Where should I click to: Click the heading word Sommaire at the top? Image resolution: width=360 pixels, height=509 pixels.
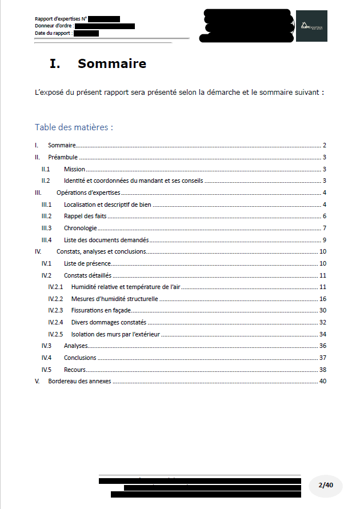click(x=112, y=63)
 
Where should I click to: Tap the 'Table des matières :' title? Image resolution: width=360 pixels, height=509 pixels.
click(x=74, y=127)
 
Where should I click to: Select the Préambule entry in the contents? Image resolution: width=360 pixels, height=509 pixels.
click(x=63, y=157)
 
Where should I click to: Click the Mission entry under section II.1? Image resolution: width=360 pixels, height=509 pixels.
click(x=74, y=169)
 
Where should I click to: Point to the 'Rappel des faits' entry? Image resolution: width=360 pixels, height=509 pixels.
click(x=85, y=216)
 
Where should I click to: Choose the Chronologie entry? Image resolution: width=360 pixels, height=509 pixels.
click(x=80, y=228)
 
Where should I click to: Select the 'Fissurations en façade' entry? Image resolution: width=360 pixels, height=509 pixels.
click(x=101, y=310)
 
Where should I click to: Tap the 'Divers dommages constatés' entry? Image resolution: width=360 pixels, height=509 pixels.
click(x=109, y=322)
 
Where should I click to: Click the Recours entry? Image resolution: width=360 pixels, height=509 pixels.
click(x=75, y=370)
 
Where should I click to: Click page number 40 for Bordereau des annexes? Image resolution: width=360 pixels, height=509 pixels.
click(x=323, y=381)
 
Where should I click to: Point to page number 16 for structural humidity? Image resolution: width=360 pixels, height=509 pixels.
click(x=323, y=299)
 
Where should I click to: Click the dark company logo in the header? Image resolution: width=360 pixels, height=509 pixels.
click(x=311, y=26)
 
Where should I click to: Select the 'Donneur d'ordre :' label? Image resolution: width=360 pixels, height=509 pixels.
click(x=54, y=26)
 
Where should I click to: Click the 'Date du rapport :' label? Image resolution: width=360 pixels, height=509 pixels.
click(x=53, y=33)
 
